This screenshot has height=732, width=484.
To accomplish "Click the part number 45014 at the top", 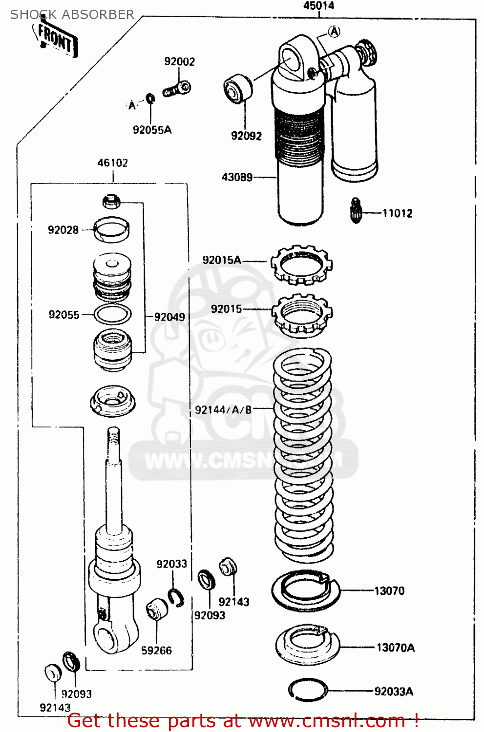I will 318,6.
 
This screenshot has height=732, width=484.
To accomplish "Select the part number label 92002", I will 179,61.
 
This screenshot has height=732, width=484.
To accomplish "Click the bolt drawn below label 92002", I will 176,89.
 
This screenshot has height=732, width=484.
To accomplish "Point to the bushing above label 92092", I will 238,89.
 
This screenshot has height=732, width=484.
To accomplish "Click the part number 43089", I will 237,177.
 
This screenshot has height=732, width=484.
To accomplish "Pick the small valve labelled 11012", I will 356,210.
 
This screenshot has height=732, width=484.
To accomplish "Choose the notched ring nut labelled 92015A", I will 301,265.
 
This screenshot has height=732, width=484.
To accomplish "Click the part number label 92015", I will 226,309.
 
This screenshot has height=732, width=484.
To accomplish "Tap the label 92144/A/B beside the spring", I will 223,410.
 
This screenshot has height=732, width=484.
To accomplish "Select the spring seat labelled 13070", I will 305,590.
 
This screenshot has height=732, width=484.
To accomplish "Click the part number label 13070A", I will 395,648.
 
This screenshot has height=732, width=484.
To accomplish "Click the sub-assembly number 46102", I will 112,163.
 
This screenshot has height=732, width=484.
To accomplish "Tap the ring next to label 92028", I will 112,229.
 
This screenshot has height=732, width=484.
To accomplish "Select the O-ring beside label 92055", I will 112,315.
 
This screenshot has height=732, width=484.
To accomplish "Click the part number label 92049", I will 169,317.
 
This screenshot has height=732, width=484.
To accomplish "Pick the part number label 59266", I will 156,651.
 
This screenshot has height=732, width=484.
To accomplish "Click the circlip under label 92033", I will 176,598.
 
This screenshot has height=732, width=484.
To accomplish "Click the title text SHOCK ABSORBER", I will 72,15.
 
